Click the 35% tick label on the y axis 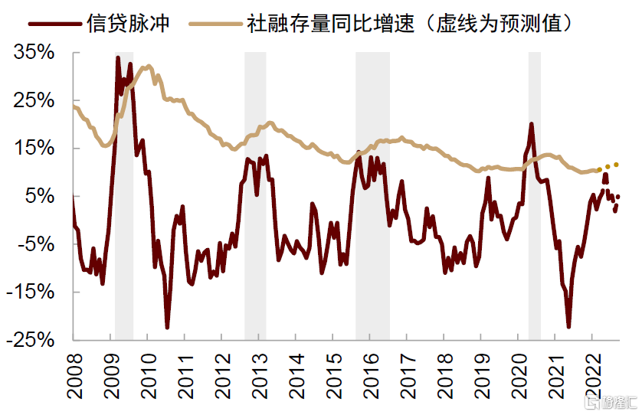tap(34, 54)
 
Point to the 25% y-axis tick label tap(34, 101)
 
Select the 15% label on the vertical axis tap(34, 149)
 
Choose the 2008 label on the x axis tap(74, 375)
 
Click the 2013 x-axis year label tap(259, 375)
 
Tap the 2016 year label tap(370, 375)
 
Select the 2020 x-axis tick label tap(518, 375)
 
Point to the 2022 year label tap(591, 375)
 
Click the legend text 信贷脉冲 tap(129, 25)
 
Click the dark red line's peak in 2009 tap(118, 57)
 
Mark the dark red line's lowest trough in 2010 tap(168, 327)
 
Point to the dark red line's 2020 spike tap(531, 124)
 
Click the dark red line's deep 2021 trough tap(568, 326)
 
